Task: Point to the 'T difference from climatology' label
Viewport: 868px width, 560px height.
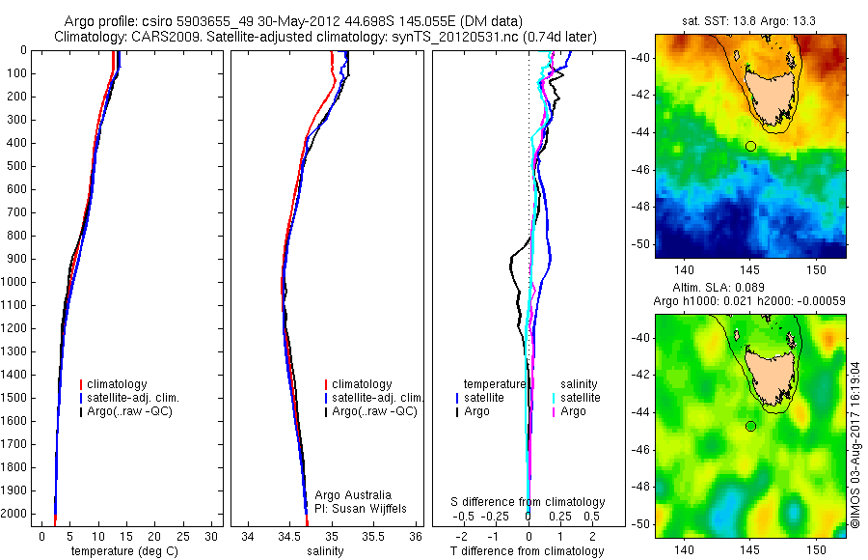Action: [x=528, y=551]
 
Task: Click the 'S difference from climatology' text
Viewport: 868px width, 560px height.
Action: [x=528, y=502]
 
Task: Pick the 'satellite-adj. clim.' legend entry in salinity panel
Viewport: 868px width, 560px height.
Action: [x=377, y=398]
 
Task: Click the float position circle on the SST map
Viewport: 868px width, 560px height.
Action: [x=750, y=146]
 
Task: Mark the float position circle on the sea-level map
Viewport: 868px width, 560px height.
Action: [x=750, y=426]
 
